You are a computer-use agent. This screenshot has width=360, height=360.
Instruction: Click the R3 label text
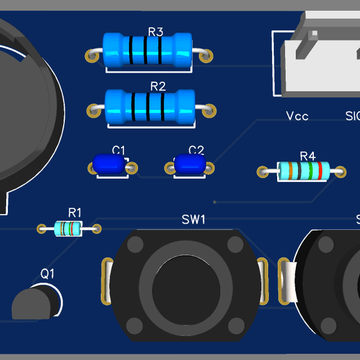tap(155, 32)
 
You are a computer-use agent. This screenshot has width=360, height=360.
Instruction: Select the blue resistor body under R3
tap(147, 50)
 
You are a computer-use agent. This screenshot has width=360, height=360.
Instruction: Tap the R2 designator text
tap(157, 86)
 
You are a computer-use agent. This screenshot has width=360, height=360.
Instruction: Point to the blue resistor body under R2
tap(150, 106)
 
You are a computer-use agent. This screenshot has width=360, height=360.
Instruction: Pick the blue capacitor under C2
tap(190, 164)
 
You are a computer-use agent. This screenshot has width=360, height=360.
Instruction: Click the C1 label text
tap(119, 150)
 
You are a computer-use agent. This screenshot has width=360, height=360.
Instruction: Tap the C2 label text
tap(196, 150)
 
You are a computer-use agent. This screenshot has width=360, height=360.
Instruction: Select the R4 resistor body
tap(304, 172)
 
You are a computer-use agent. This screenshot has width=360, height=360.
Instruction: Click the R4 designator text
tap(307, 156)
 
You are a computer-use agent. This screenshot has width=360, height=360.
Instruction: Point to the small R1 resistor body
tap(68, 228)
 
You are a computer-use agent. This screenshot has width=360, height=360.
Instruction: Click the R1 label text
tap(75, 212)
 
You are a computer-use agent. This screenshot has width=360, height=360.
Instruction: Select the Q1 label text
tap(47, 274)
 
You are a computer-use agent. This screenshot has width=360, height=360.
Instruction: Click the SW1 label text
tap(193, 220)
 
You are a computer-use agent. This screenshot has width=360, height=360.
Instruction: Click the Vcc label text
tap(297, 116)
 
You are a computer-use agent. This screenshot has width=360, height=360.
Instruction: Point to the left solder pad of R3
tap(92, 56)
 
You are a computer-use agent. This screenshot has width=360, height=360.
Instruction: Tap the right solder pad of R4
tap(341, 172)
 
